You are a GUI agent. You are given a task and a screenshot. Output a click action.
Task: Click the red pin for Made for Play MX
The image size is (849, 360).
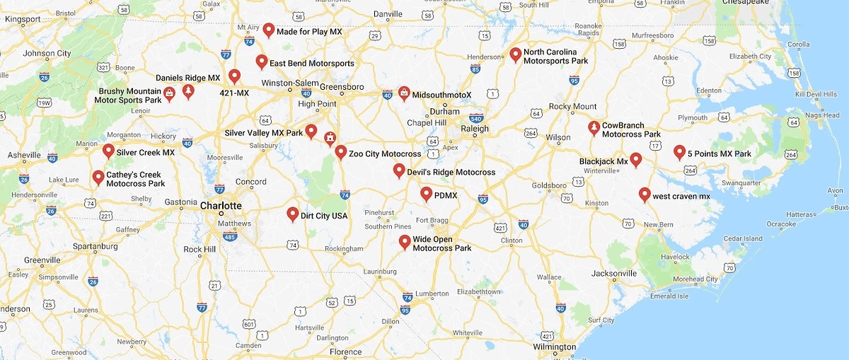pos(269,30)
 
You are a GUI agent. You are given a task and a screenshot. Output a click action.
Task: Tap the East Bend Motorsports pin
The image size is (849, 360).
pos(262,62)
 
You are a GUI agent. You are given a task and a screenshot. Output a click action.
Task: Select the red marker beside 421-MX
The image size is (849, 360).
pos(234,76)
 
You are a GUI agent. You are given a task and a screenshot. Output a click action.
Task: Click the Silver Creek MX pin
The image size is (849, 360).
pos(108,150)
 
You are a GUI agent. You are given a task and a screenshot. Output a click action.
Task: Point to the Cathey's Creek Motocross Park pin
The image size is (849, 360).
pos(98,177)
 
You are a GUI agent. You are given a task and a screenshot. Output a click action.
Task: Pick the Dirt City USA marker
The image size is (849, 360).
pos(293,214)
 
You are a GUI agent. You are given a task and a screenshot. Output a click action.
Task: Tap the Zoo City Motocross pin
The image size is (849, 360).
pos(341,151)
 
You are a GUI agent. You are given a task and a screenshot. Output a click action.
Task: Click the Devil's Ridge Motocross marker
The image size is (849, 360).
pos(399,170)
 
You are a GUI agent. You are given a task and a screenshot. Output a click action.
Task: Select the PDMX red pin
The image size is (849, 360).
pos(427,193)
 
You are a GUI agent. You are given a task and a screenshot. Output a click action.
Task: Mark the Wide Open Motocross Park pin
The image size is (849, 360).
pos(405,242)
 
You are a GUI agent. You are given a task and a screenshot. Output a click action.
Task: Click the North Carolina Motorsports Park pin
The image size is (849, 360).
pos(516,54)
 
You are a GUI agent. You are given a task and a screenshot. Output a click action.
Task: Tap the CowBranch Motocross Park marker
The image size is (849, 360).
pos(594,128)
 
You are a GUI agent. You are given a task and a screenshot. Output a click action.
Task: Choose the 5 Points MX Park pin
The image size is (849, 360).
pos(679,151)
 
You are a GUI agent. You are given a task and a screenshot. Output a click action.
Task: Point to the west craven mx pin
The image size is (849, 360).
pos(645,194)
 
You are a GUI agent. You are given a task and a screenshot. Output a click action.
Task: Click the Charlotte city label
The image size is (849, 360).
pos(221,206)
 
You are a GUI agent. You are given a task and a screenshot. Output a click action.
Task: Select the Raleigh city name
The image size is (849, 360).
pos(475,129)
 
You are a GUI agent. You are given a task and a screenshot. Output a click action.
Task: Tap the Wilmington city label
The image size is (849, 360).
pos(555,347)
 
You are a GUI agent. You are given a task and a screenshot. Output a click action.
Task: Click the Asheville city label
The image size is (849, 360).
pos(24,155)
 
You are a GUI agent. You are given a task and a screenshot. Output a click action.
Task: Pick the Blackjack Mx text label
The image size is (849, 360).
pos(603,161)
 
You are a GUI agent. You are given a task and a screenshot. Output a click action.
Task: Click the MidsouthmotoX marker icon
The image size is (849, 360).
pos(403,93)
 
